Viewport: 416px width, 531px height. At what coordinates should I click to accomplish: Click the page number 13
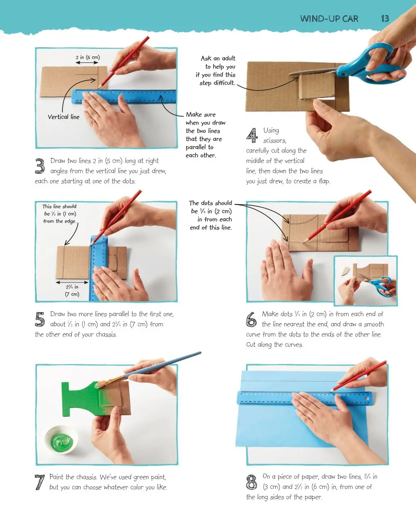pos(385,19)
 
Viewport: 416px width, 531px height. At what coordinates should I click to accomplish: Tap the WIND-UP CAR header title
pos(329,19)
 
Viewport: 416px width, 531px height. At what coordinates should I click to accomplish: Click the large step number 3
pos(40,166)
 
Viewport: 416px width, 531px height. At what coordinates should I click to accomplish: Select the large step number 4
pos(252,135)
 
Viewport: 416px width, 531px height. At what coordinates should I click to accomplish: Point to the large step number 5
pos(40,319)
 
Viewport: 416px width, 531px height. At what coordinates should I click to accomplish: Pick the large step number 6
pos(251,319)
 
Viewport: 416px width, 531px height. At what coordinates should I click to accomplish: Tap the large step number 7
pos(40,482)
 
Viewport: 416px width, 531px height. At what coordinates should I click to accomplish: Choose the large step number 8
pos(251,482)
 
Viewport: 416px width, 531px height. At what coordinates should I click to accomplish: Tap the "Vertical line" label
pos(64,117)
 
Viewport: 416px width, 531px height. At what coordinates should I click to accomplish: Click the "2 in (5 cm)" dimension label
pos(88,57)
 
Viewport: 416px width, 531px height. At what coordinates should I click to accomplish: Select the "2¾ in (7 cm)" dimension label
pos(72,291)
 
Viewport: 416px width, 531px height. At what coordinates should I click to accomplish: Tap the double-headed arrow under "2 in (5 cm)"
pos(87,63)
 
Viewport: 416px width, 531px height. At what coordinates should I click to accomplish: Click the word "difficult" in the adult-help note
pos(224,83)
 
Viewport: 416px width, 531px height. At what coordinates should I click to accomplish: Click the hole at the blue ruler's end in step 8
pos(367,398)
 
